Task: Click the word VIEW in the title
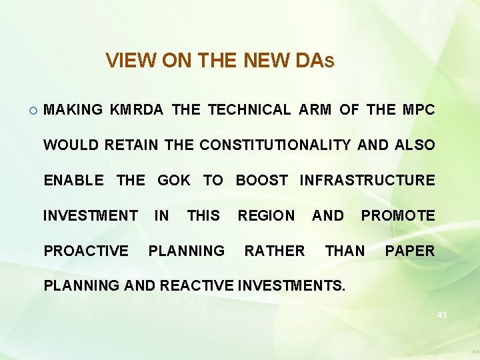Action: (126, 61)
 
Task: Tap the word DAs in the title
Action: (313, 61)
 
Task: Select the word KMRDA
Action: (137, 110)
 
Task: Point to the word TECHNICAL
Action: (249, 110)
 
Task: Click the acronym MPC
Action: (419, 110)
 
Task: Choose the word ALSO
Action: (415, 145)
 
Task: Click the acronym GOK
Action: (173, 180)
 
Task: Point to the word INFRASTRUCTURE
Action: (367, 180)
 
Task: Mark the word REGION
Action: (266, 215)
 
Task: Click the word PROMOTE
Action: (398, 215)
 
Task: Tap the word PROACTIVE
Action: (86, 251)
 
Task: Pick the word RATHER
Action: (275, 251)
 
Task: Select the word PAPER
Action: (410, 251)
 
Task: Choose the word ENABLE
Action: (73, 180)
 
